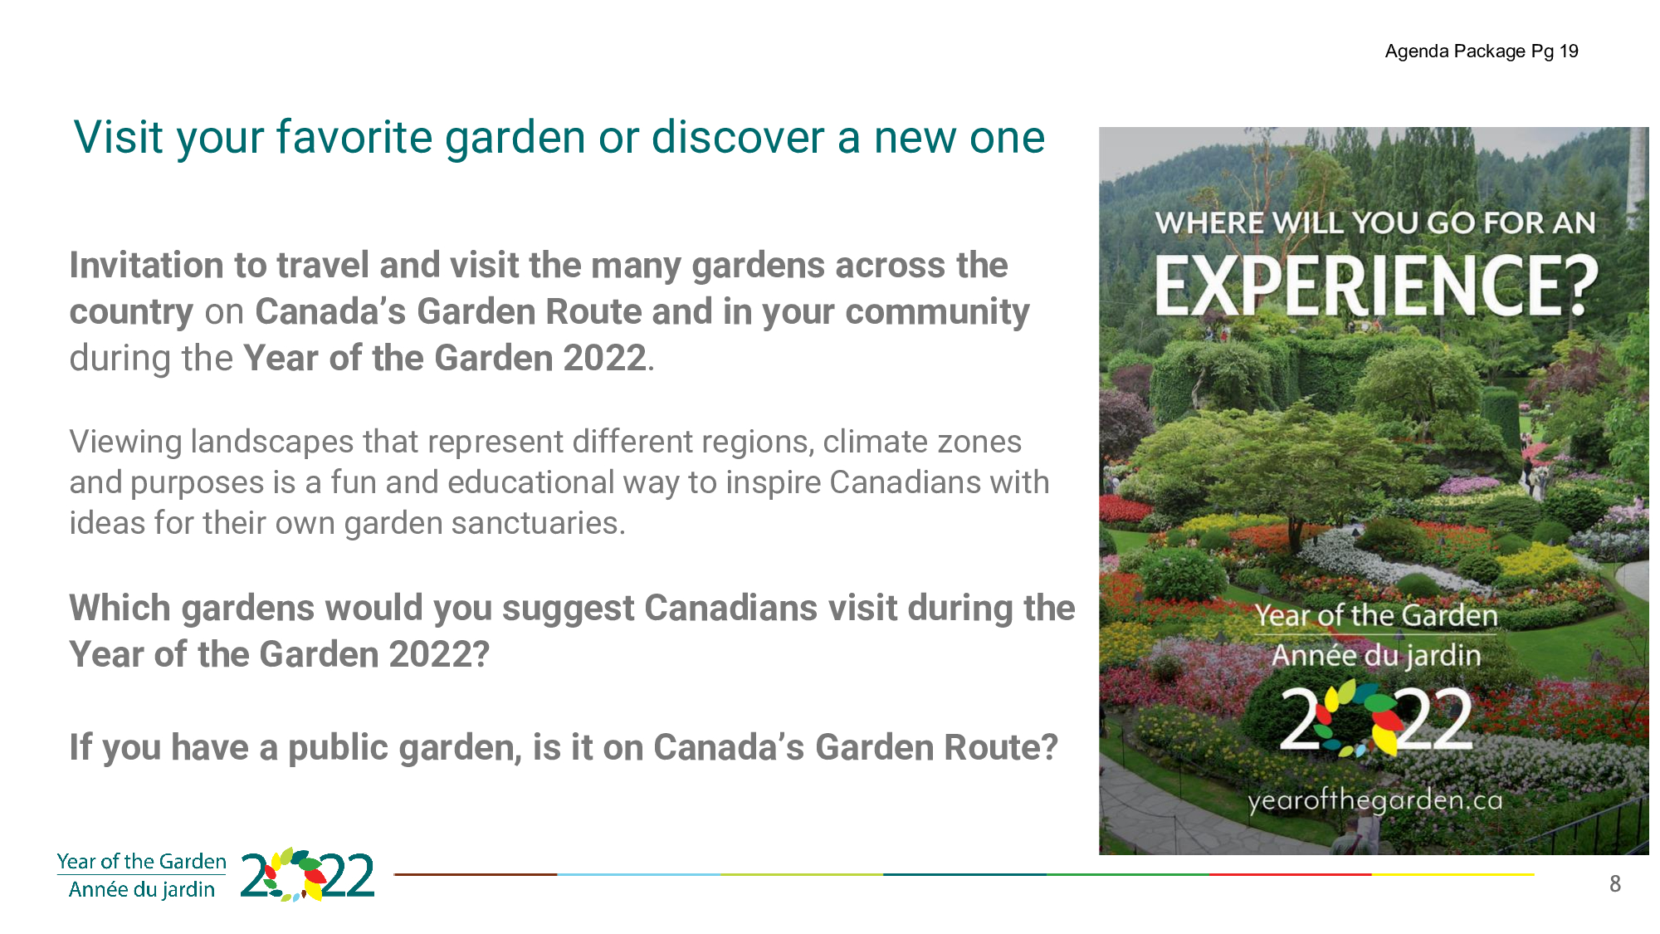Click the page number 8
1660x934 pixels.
pos(1615,884)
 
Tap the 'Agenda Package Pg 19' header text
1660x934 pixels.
pos(1482,51)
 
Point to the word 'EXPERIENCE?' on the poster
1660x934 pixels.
pos(1375,285)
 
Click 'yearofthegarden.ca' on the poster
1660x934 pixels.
pos(1375,800)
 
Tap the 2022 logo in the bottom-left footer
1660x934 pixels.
pos(307,875)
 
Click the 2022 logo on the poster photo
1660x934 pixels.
pos(1376,719)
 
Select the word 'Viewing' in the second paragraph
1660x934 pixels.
pos(125,443)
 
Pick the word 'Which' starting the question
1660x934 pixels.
pos(120,608)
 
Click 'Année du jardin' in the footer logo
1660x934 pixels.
pos(142,889)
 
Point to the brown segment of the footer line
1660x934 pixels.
pos(476,874)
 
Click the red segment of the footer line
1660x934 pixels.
pos(1291,874)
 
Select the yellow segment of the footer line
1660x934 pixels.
pos(1453,874)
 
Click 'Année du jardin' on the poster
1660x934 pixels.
pos(1376,656)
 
